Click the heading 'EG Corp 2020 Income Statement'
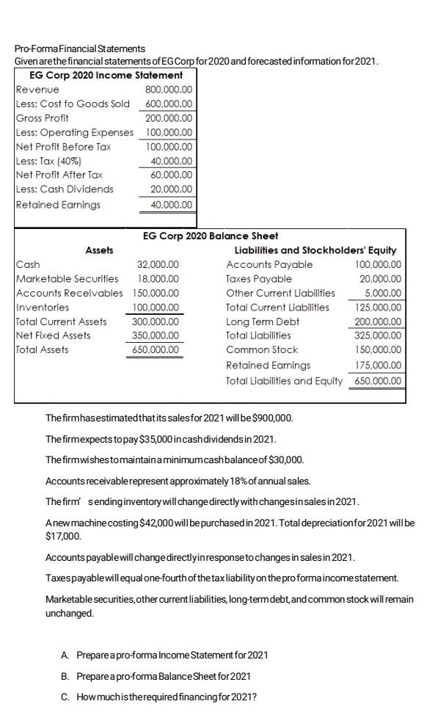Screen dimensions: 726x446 pyautogui.click(x=106, y=75)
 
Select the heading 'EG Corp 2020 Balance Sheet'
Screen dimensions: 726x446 pyautogui.click(x=210, y=236)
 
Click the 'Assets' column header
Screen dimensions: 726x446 pyautogui.click(x=99, y=250)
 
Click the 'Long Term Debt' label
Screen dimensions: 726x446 pyautogui.click(x=263, y=322)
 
